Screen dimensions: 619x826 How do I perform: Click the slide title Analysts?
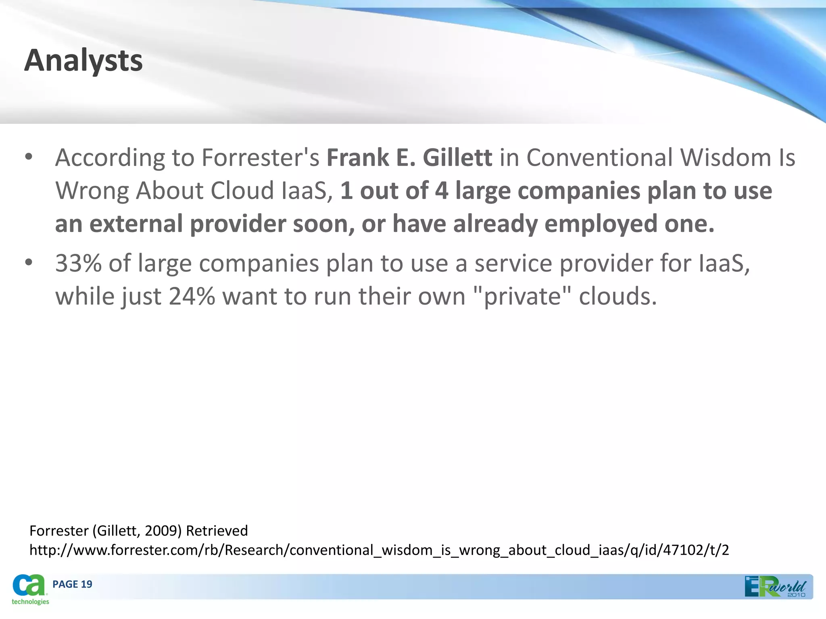[x=83, y=61]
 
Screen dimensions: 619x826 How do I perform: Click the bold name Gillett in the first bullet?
[x=457, y=157]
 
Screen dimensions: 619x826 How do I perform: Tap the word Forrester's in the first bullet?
[x=260, y=157]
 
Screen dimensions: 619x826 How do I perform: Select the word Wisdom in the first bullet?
[x=726, y=157]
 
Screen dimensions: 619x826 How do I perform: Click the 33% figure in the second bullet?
[x=78, y=264]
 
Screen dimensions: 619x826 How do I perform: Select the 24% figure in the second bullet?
[x=192, y=297]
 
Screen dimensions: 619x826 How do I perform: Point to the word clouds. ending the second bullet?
[x=618, y=297]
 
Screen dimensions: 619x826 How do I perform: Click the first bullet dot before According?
[x=28, y=157]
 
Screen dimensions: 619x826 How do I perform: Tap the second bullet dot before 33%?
[x=28, y=263]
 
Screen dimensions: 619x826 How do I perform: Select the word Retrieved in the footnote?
[x=217, y=531]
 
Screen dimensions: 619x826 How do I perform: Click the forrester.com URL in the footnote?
[x=379, y=550]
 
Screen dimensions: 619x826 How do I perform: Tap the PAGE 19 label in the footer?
[x=72, y=584]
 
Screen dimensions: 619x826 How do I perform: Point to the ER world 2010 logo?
[x=775, y=587]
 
